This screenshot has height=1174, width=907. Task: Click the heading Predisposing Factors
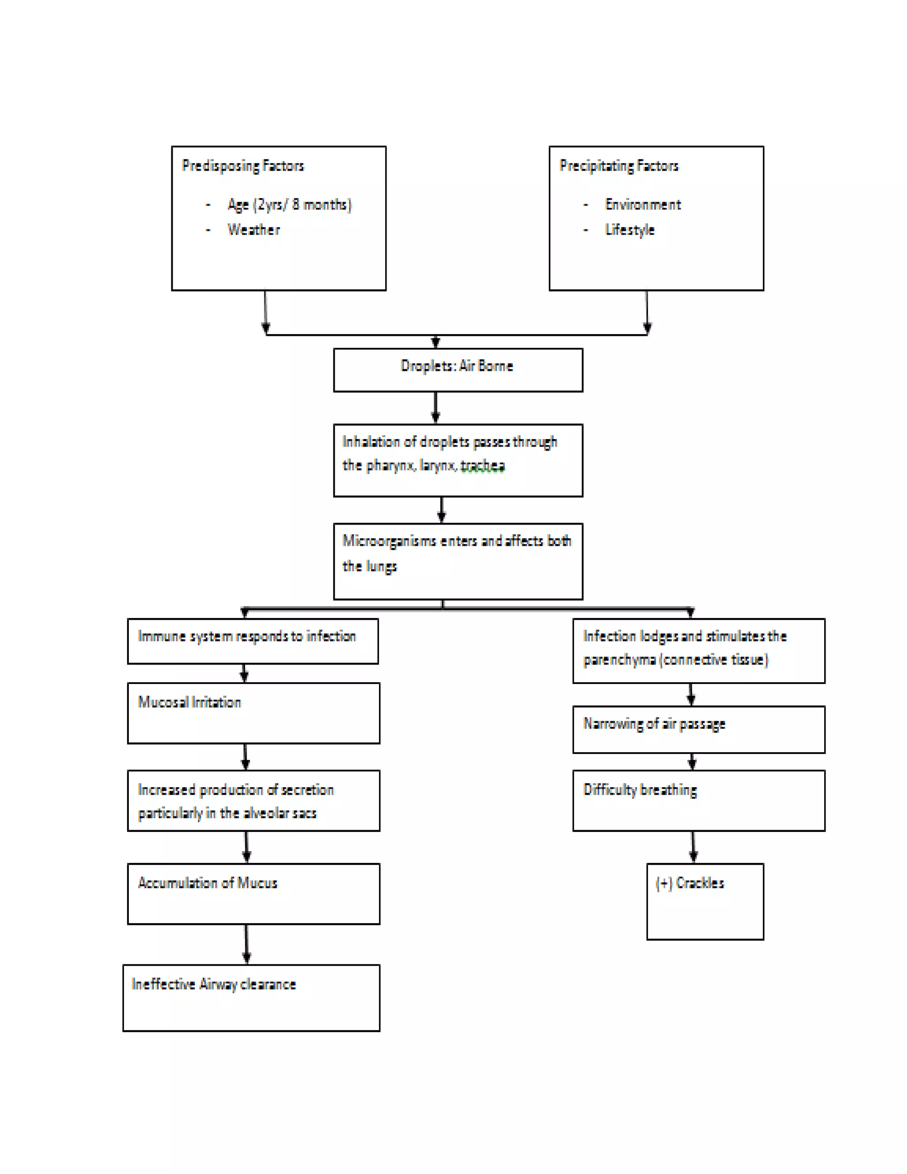243,166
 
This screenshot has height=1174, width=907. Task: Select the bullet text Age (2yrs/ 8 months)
289,205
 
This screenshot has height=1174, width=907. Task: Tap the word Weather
254,230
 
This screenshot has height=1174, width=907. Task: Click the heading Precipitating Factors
619,166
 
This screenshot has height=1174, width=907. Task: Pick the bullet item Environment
643,205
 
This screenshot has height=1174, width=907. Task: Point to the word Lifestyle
630,230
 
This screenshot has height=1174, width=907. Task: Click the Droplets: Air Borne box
458,370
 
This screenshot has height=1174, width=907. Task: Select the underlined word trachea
483,466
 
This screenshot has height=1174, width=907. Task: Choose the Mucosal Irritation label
190,703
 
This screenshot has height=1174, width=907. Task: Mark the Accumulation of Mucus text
207,883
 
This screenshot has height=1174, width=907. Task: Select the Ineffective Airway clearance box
251,997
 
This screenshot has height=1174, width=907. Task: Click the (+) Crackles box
705,902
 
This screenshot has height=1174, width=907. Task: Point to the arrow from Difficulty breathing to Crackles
693,847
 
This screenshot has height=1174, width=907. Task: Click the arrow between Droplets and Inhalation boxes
436,407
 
